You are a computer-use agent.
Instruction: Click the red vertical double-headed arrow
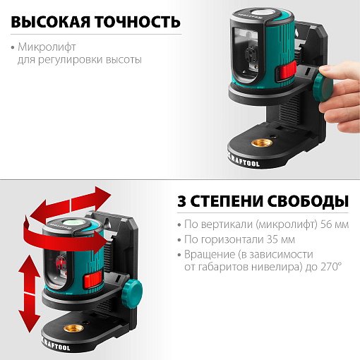[26, 294]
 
